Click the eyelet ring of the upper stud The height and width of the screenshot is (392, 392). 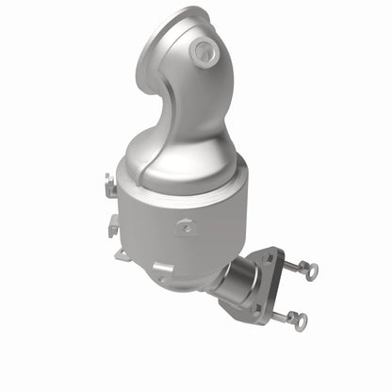(x=311, y=270)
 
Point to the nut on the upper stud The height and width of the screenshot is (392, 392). (x=287, y=265)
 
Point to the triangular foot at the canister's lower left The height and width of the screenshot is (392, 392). (x=122, y=253)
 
